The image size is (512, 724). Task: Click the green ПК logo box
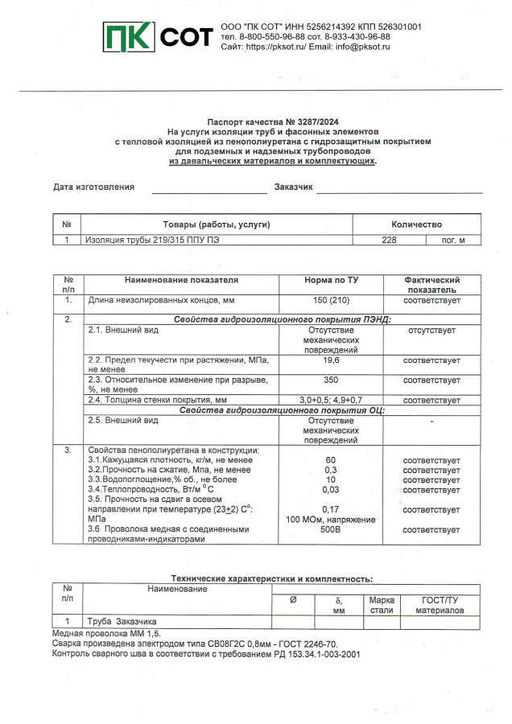tap(130, 36)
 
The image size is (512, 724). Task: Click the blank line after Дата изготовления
tap(209, 188)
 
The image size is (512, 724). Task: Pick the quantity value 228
tap(389, 240)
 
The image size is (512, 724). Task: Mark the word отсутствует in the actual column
tap(431, 331)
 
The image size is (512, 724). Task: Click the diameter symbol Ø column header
tap(292, 600)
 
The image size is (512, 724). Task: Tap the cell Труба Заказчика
tap(122, 622)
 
